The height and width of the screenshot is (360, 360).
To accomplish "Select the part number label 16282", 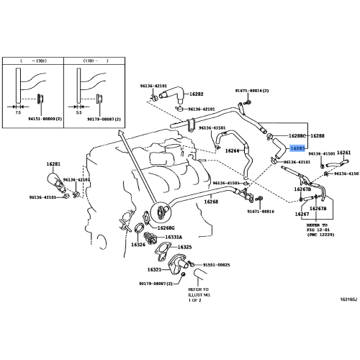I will click(x=196, y=94).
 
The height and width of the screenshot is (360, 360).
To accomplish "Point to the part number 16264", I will click(x=232, y=150).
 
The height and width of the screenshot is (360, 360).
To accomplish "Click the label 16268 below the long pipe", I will click(x=210, y=202).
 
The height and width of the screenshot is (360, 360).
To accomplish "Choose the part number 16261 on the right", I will click(x=343, y=153).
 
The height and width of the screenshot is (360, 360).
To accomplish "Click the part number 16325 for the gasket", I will click(x=184, y=247).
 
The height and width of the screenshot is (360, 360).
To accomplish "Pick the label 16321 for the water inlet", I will click(x=155, y=269).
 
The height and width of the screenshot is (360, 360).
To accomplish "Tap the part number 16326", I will click(x=138, y=244).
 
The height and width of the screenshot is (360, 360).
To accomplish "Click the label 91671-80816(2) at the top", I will click(x=251, y=91).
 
